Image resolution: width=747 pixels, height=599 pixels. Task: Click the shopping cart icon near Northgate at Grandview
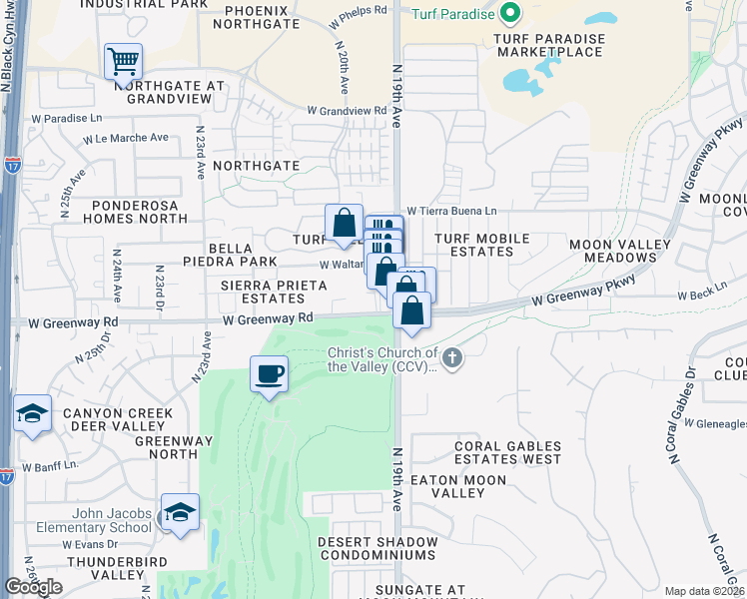pos(123,61)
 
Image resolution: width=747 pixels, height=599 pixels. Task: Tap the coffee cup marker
pos(269,374)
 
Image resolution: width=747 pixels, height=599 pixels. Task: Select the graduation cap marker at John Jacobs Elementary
pos(180,512)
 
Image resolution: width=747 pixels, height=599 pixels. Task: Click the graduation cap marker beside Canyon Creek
pos(32,413)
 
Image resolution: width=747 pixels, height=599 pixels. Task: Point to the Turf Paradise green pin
pos(511,14)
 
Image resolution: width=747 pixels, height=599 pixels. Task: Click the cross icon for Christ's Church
pos(452,357)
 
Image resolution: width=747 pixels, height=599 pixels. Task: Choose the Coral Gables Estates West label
pos(508,453)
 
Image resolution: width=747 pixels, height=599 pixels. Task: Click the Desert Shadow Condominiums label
pos(377,548)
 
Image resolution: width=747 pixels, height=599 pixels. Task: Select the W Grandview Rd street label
pos(347,110)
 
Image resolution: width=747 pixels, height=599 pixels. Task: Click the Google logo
pos(33,587)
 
